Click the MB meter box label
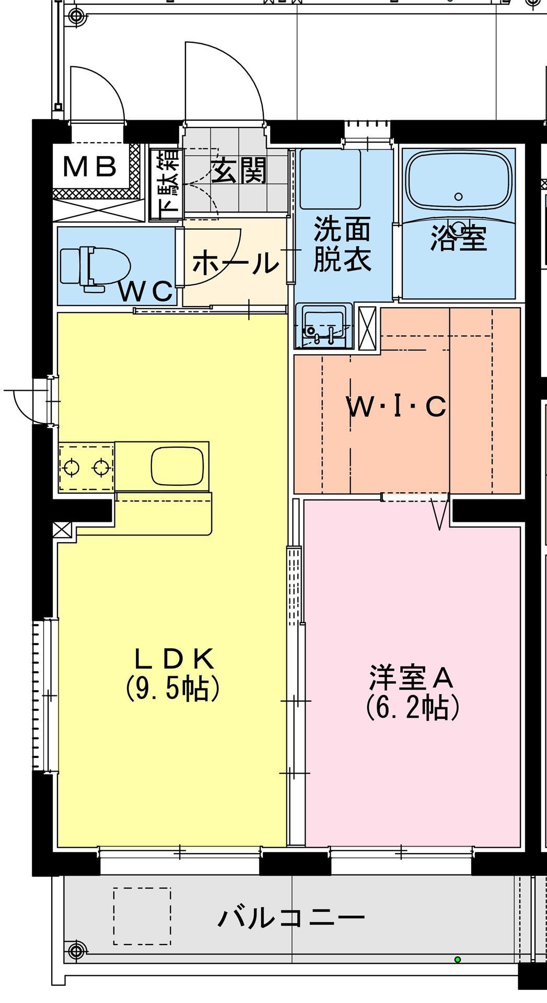point(89,167)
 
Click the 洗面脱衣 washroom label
point(342,244)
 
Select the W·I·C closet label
point(397,407)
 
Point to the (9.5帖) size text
point(172,689)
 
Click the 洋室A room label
point(411,678)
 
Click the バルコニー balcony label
point(291,917)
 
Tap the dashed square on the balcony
point(142,917)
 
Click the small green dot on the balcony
point(458,959)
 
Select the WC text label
point(146,291)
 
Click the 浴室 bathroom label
point(458,239)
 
